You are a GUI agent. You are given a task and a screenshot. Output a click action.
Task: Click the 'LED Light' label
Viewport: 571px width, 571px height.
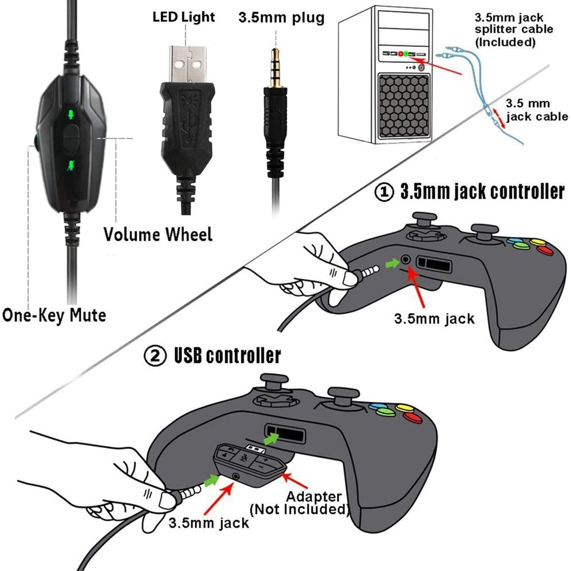(183, 17)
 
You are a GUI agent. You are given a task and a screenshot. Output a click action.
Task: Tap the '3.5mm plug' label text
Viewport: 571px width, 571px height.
(281, 18)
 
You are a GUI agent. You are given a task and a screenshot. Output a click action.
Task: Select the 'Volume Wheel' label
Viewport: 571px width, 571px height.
(158, 234)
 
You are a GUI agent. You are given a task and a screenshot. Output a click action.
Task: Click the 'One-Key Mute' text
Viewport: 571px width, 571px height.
(54, 316)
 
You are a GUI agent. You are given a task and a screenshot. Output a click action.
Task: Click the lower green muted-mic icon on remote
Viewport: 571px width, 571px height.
(70, 165)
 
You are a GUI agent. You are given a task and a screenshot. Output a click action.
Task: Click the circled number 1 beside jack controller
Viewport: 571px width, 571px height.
(384, 192)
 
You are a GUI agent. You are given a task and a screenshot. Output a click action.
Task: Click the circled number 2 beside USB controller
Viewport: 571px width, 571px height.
(155, 356)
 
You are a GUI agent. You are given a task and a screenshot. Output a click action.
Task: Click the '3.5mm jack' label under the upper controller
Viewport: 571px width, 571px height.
(434, 319)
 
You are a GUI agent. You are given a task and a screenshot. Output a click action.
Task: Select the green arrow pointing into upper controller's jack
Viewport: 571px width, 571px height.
(392, 263)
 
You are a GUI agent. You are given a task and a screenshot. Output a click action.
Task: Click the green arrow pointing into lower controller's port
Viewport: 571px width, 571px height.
(271, 439)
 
